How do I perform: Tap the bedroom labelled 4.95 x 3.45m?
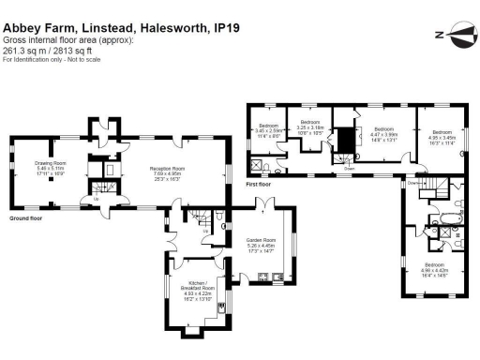tap(439, 137)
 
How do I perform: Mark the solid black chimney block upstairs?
tap(346, 141)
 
